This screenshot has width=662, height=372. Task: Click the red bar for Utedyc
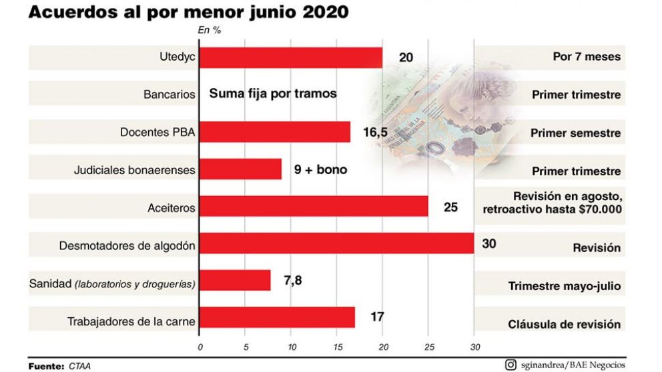291,57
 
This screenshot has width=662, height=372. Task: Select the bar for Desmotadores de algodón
336,244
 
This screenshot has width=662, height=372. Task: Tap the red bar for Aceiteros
314,207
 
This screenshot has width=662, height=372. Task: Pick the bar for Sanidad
235,281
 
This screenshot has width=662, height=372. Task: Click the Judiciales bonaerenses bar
240,169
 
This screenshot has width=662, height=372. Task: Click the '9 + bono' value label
320,169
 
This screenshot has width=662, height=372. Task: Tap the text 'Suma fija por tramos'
273,94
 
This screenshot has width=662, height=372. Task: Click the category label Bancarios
170,95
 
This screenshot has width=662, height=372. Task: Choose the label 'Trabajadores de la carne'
131,322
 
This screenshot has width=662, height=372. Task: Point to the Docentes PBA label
157,132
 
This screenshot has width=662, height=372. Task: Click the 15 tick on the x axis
337,347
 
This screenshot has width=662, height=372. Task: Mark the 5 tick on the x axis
246,347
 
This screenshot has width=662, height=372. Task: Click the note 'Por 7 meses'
587,57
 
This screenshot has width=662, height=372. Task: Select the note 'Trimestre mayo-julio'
565,287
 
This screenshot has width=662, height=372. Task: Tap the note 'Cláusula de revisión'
565,324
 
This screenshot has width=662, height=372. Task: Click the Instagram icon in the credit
511,364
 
